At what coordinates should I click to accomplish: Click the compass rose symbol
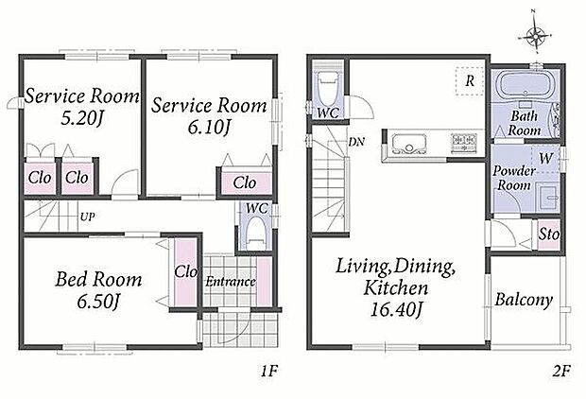(x=537, y=35)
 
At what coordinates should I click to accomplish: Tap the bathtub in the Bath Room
(x=526, y=85)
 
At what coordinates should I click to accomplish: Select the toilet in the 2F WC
(x=327, y=88)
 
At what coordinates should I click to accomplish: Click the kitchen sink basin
(x=408, y=144)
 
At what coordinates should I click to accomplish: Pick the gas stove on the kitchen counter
(x=464, y=144)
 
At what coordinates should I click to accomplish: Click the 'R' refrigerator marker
(x=470, y=80)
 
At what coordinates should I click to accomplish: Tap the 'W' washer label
(x=546, y=158)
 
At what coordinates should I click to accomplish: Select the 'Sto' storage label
(x=548, y=234)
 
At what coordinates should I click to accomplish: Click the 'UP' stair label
(x=87, y=217)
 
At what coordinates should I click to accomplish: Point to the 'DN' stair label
(x=356, y=142)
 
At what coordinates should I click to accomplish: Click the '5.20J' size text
(x=82, y=119)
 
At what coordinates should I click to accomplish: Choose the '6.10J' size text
(x=208, y=129)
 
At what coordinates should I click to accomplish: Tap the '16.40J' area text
(x=396, y=309)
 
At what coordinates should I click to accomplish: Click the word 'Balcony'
(x=524, y=300)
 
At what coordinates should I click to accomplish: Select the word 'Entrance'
(x=231, y=282)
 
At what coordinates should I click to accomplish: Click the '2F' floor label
(x=560, y=372)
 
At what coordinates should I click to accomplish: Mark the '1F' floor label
(x=268, y=372)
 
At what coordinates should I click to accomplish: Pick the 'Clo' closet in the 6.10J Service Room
(x=245, y=182)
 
